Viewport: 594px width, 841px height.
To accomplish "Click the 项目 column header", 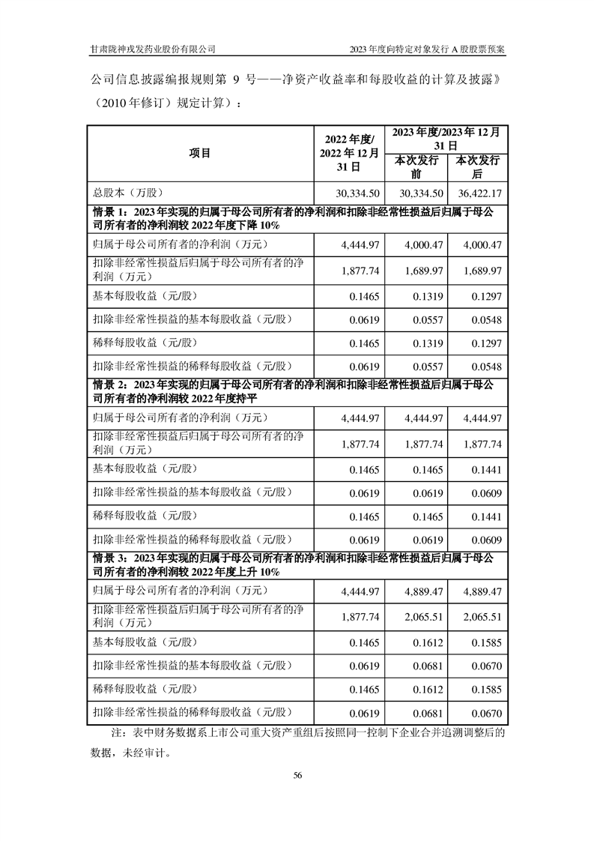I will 200,153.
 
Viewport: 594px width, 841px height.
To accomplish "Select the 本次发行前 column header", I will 415,166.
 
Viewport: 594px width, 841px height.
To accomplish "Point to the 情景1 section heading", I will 294,217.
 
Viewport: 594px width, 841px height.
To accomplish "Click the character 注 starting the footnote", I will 115,732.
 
